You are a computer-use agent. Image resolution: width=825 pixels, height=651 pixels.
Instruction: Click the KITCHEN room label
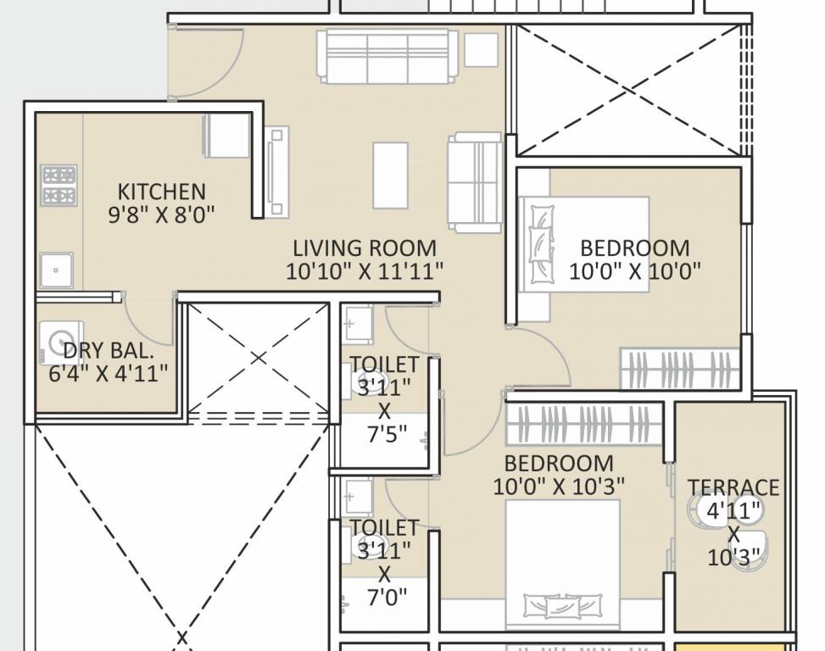point(161,192)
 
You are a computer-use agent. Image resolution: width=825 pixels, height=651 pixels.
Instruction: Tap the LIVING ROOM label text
point(365,248)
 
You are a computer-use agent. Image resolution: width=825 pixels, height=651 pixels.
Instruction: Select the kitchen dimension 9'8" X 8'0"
point(161,215)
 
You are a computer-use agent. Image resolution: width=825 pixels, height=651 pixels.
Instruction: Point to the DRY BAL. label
point(109,350)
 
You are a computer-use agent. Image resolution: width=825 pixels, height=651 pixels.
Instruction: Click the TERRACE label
point(733,487)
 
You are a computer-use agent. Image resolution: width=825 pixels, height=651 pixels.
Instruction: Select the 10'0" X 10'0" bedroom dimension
point(635,272)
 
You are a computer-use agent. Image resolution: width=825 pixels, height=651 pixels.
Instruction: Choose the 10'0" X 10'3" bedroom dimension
point(559,487)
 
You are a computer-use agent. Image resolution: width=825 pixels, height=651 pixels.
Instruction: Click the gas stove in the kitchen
point(59,186)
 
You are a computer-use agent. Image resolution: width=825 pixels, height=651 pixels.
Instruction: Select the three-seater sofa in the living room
point(382,57)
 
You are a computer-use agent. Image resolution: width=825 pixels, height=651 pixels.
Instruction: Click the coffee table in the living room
point(390,175)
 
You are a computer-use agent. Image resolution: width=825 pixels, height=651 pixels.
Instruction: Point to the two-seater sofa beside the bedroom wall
point(475,181)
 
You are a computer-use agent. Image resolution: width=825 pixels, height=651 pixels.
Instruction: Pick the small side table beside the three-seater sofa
point(481,50)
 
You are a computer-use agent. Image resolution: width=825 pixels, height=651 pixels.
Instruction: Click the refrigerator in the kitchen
point(226,136)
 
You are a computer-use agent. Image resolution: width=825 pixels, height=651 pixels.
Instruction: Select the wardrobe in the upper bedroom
point(679,370)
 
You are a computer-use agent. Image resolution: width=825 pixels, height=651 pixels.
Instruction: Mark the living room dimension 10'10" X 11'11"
point(365,271)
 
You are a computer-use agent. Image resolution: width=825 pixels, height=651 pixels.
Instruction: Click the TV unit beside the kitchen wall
point(276,173)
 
